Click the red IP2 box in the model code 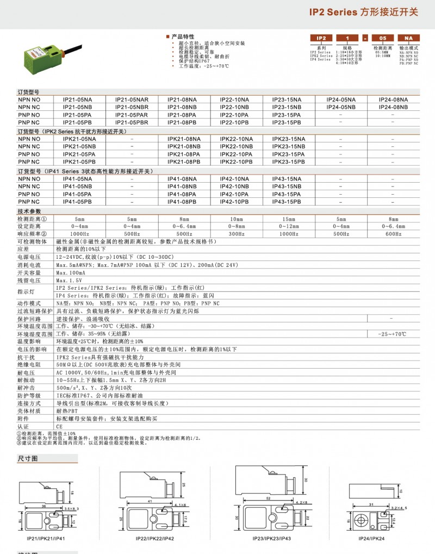click(321, 38)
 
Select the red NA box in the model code click(409, 38)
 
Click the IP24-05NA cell click(341, 100)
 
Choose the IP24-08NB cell click(393, 108)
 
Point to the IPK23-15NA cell click(289, 139)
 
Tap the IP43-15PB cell click(289, 202)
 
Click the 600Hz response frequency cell click(393, 234)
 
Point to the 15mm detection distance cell click(289, 218)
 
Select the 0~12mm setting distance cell click(289, 226)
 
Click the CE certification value click(60, 428)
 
